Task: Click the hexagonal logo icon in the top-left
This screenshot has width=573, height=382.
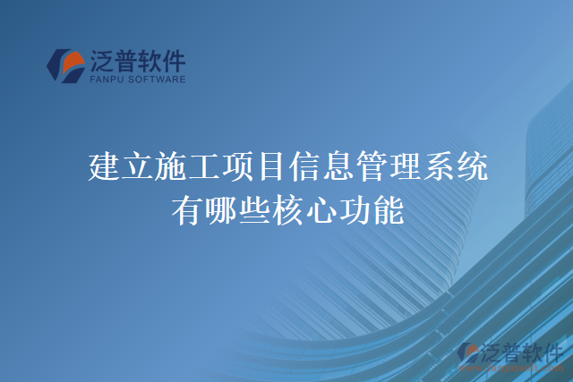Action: [65, 65]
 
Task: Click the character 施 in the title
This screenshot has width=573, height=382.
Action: [173, 167]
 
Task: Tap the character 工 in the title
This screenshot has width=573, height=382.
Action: [207, 167]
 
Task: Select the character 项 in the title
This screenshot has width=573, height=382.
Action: [241, 167]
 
